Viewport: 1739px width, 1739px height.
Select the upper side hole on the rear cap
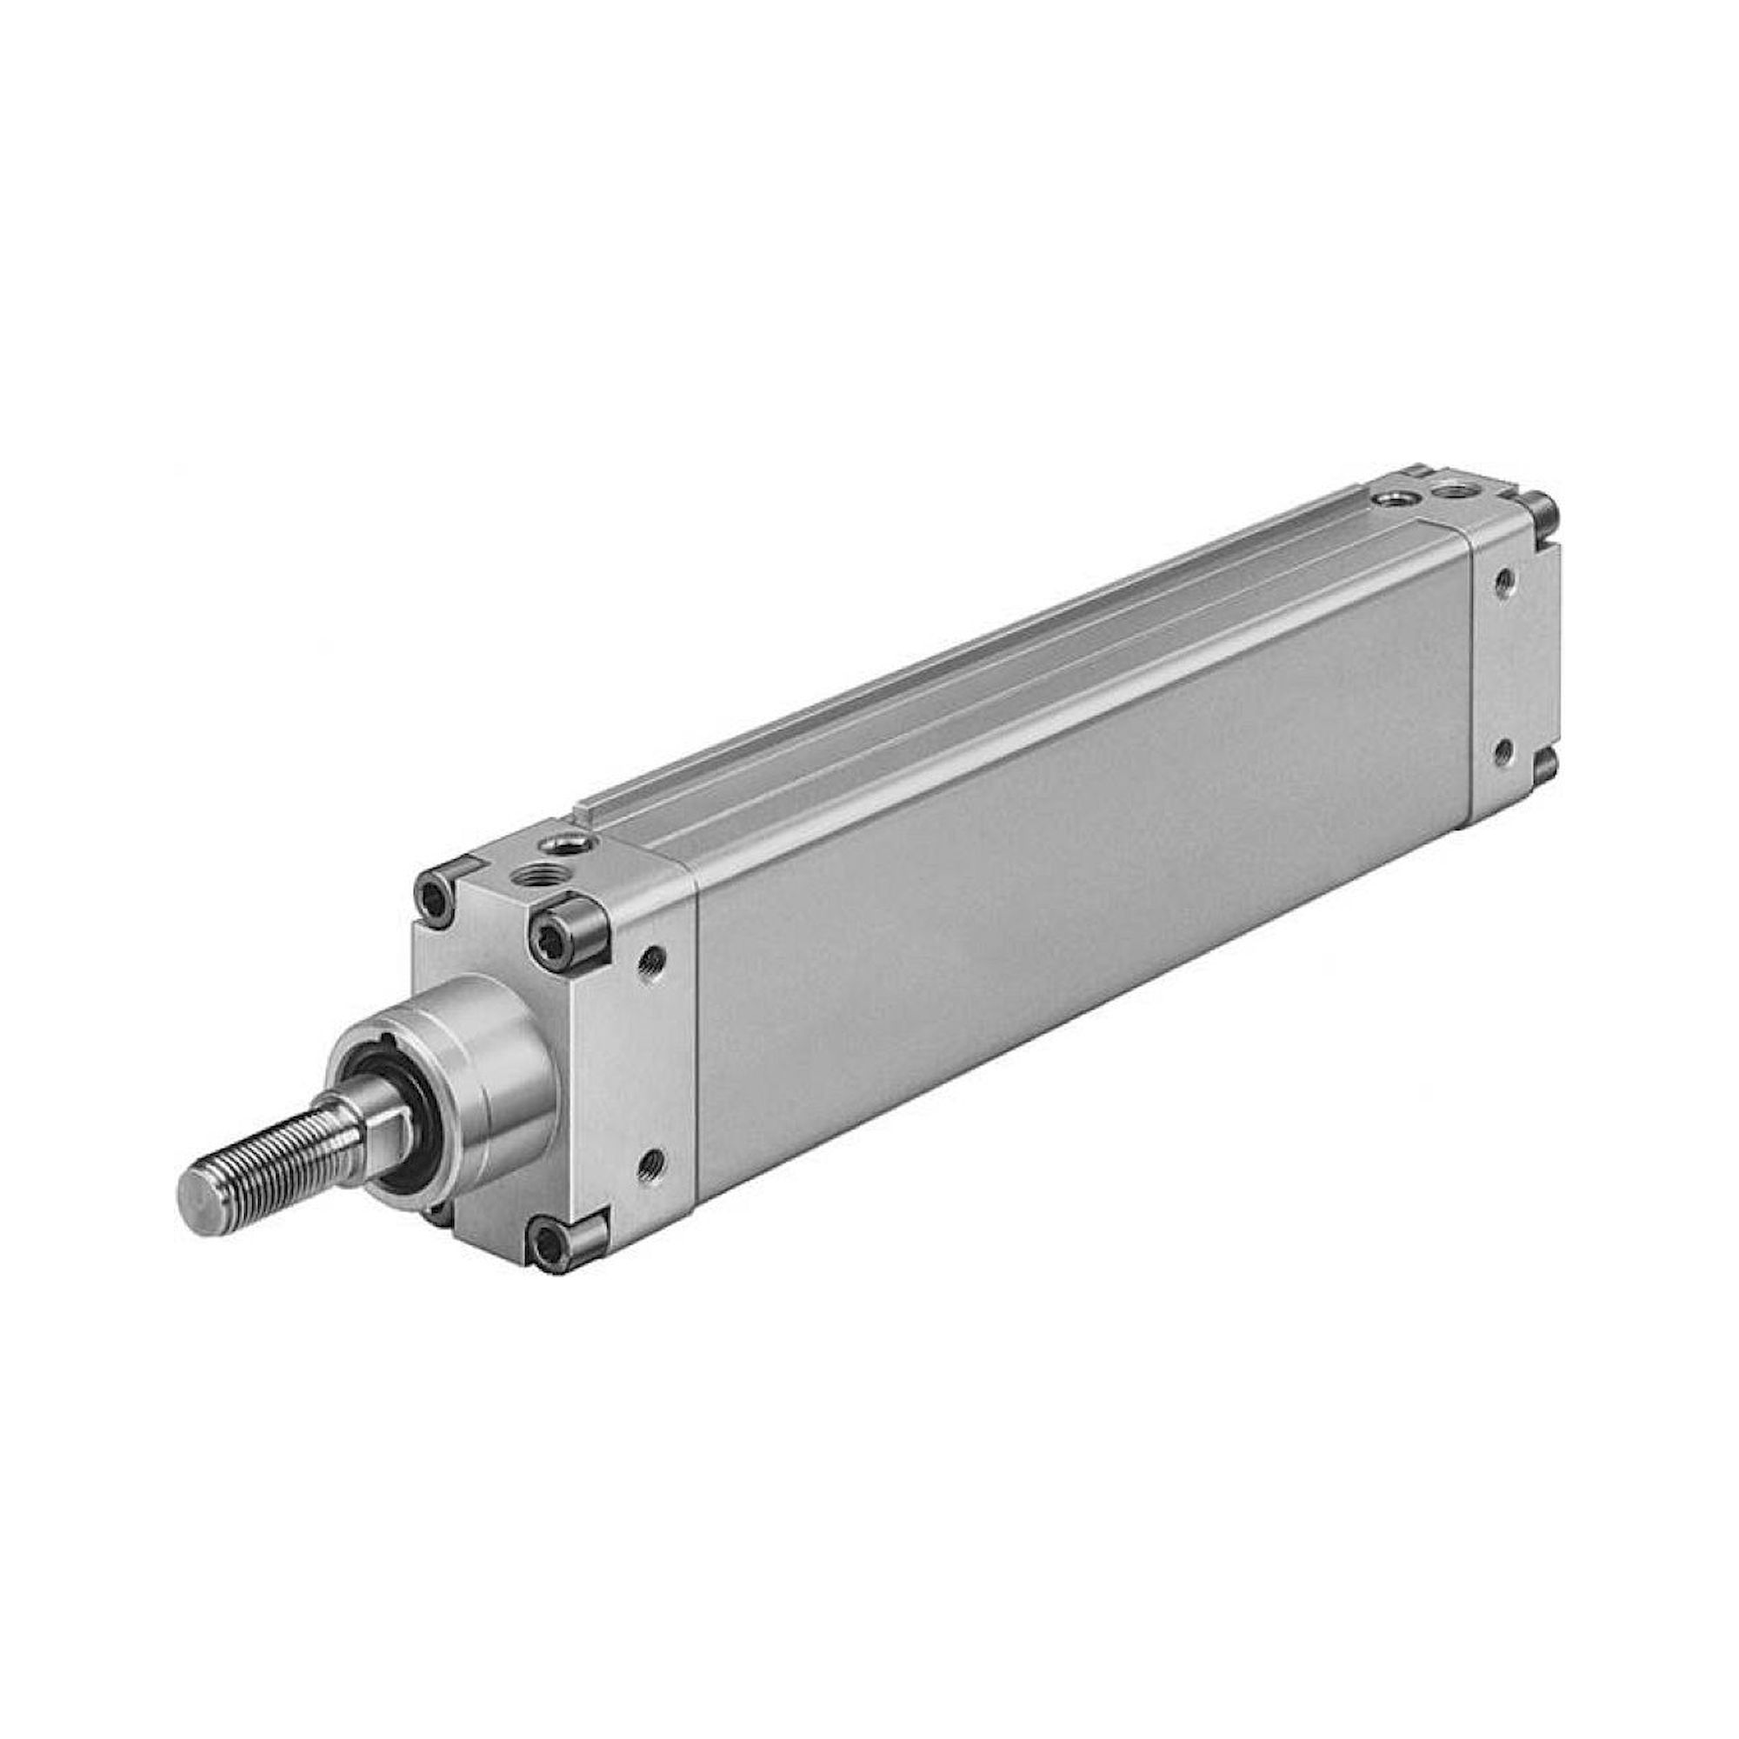[x=1502, y=582]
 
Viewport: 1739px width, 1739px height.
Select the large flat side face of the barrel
[x=1080, y=900]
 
